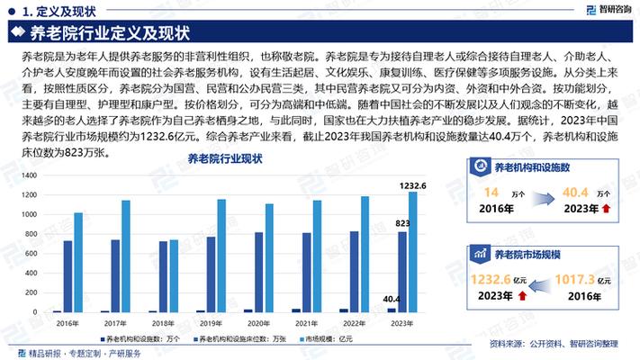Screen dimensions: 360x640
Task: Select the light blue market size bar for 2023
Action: [412, 251]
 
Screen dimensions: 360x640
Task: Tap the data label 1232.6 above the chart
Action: [412, 185]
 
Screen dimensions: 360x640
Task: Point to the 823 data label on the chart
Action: [402, 223]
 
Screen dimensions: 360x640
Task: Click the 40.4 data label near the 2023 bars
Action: [392, 299]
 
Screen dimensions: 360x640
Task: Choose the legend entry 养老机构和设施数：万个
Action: [143, 338]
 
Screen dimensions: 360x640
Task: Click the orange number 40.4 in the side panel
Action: [575, 193]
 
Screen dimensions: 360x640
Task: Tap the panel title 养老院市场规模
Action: [527, 255]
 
